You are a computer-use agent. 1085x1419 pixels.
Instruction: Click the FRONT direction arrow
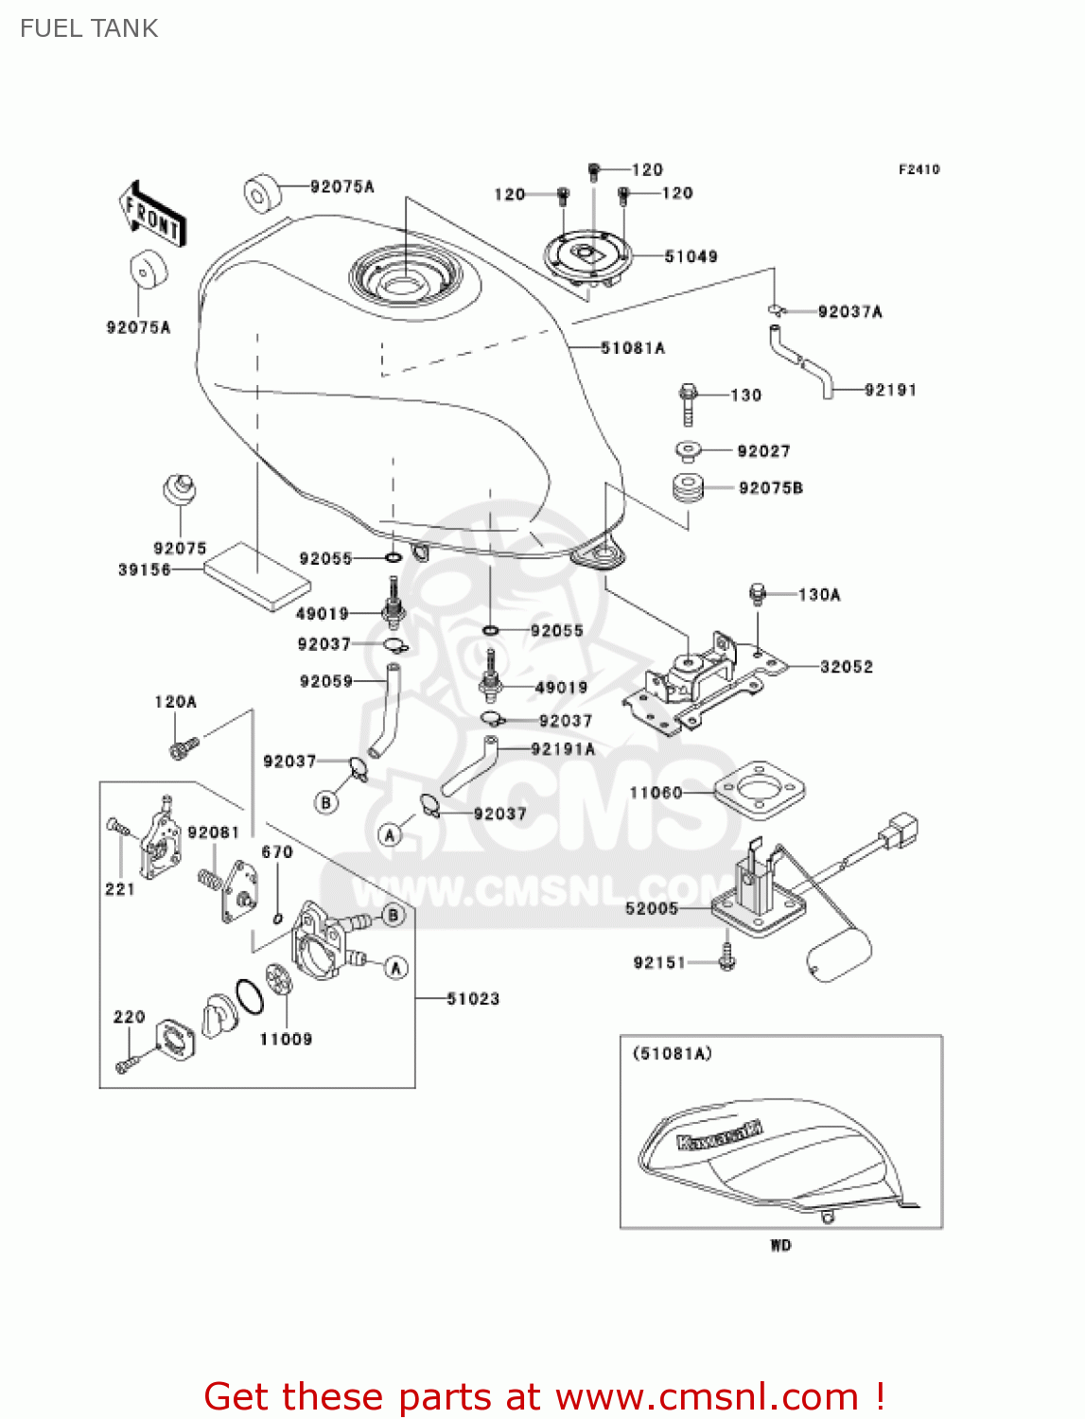coord(151,216)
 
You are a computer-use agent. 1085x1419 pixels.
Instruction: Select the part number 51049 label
coord(691,256)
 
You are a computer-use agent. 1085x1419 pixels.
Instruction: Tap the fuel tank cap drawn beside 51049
coord(586,256)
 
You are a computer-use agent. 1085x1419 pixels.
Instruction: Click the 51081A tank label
coord(632,348)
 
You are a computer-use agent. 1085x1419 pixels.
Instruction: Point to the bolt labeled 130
coord(688,404)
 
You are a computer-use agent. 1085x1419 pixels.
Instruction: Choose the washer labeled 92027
coord(689,450)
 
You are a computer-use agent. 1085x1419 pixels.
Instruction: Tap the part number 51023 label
coord(472,998)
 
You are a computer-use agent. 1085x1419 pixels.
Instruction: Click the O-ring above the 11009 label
coord(250,997)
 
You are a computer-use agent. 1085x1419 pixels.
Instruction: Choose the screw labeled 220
coord(127,1063)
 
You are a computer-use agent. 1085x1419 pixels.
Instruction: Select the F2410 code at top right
coord(919,169)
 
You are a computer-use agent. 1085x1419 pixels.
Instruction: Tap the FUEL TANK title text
coord(89,28)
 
